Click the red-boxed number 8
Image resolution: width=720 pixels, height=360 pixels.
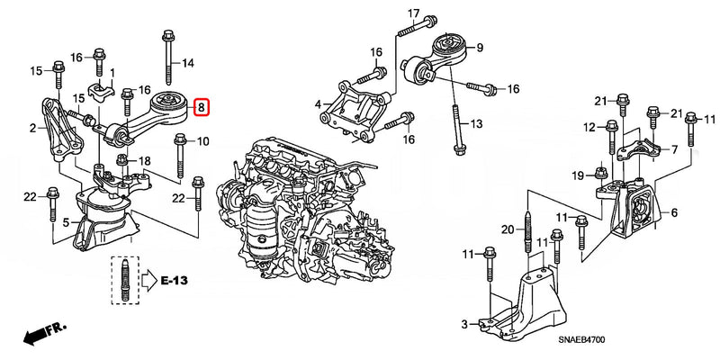202,108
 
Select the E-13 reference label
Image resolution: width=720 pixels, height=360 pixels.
176,281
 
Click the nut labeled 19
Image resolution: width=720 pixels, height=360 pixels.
600,174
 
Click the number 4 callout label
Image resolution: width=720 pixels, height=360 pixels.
318,105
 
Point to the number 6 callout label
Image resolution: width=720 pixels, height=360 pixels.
672,213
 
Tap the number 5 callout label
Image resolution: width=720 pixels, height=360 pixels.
66,221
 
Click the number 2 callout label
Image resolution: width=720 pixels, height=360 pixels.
32,130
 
